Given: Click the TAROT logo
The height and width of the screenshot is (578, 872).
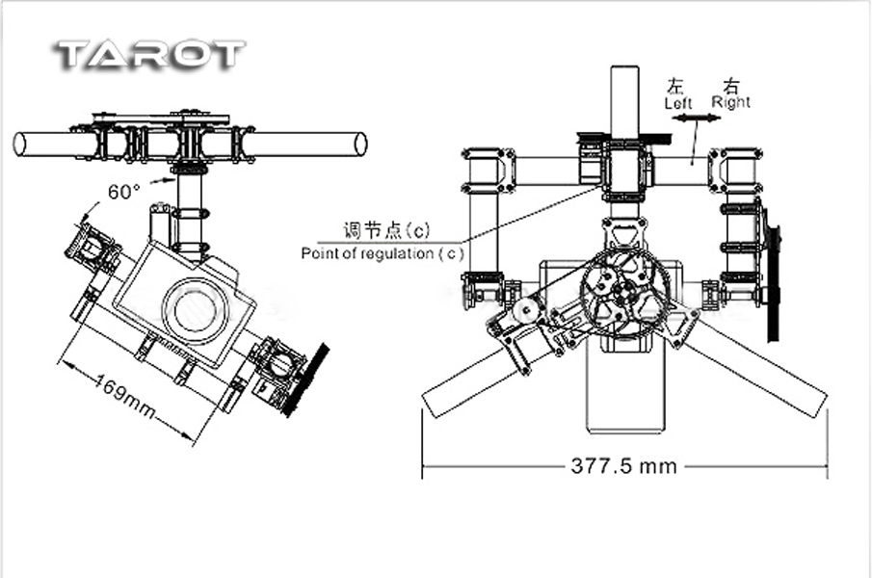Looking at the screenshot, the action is coord(150,55).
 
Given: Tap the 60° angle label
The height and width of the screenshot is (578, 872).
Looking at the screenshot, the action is coord(123,192).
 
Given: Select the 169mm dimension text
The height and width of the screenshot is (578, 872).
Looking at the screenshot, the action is coord(124,396).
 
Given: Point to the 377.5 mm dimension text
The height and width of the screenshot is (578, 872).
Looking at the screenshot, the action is coord(624,465).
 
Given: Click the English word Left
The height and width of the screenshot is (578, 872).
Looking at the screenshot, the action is coord(678,103).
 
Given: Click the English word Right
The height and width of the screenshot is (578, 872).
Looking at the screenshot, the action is coord(730,102).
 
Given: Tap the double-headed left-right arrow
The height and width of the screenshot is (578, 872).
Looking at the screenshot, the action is coord(696,118).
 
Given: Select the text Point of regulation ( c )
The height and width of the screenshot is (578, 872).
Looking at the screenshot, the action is coord(383,253).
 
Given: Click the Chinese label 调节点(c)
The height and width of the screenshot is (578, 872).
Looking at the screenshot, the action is coord(386,229).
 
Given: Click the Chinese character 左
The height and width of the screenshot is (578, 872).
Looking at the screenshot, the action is coord(675,87).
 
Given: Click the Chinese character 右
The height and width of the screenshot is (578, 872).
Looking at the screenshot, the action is coord(732,86).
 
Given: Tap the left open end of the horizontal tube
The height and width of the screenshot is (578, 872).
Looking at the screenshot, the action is coord(20,144).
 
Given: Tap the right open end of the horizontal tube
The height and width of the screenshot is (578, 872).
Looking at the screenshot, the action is coord(361,144).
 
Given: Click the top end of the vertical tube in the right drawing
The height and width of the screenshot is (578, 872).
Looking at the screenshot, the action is coord(625,67).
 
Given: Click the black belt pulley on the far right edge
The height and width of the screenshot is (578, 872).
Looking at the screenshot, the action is coord(772,276).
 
